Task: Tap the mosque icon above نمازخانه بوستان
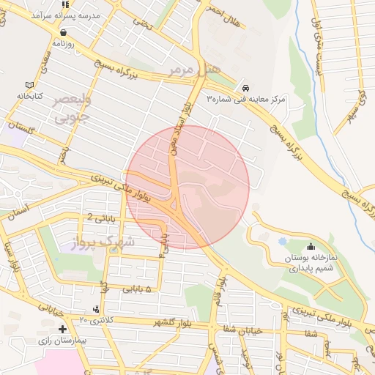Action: [311, 247]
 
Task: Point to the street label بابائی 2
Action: [102, 218]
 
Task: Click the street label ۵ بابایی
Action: [136, 290]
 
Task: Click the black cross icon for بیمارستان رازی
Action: [64, 330]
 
